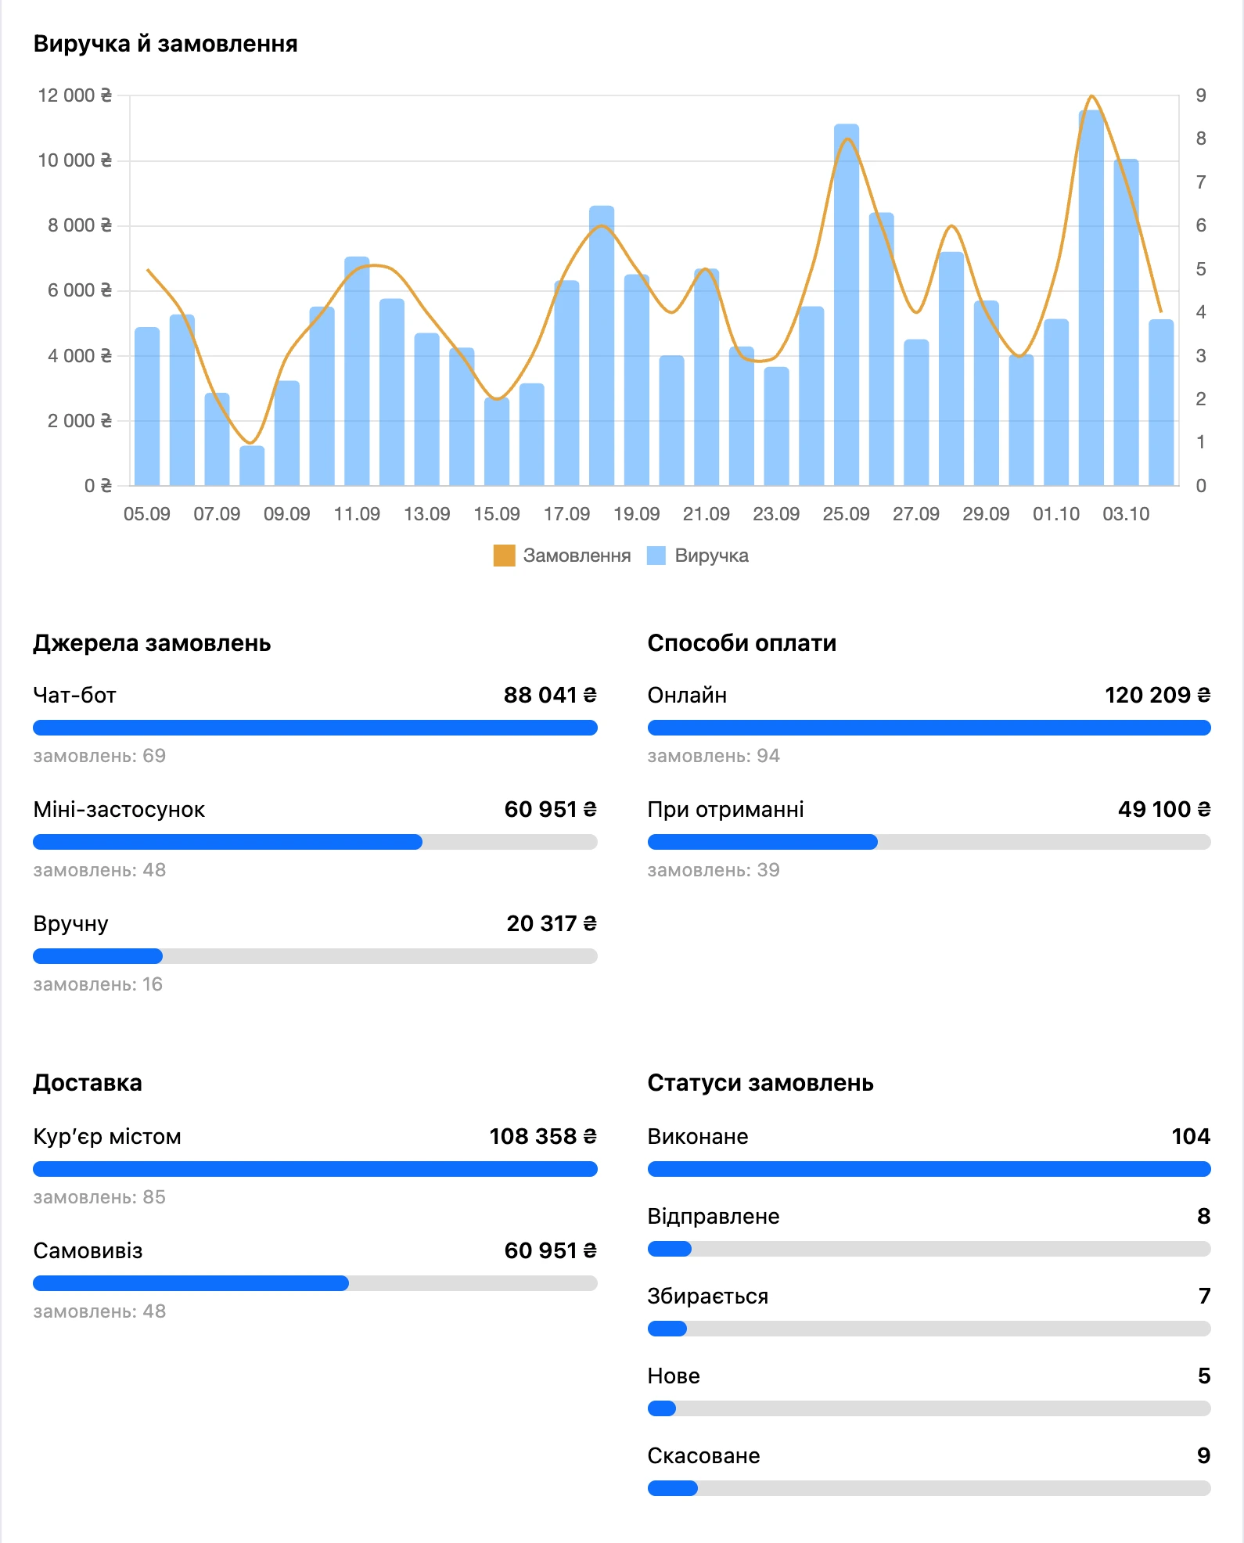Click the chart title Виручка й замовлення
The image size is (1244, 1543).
[x=165, y=44]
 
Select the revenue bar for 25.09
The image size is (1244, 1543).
[x=846, y=304]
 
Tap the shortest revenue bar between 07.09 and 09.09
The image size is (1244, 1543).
[x=252, y=466]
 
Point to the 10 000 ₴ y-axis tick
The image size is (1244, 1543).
[x=75, y=160]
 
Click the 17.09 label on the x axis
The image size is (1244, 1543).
[x=566, y=514]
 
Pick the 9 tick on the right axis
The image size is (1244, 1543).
[x=1201, y=95]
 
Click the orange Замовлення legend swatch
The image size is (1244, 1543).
[x=504, y=556]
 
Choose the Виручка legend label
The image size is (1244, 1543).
[x=711, y=556]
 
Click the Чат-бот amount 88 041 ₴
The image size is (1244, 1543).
[x=550, y=695]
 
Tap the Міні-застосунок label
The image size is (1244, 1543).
[x=119, y=809]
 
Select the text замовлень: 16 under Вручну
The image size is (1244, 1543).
[x=98, y=984]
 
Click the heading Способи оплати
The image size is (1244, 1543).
[x=742, y=643]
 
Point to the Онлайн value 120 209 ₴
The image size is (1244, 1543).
[x=1157, y=695]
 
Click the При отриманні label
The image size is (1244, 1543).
[x=725, y=809]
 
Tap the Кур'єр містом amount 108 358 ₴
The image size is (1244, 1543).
[x=543, y=1136]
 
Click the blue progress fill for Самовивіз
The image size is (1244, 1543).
[x=191, y=1283]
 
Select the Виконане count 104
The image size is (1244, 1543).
[x=1191, y=1136]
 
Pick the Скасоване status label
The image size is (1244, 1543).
[x=703, y=1455]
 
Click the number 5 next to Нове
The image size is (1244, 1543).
[x=1204, y=1376]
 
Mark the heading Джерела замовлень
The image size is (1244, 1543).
[x=152, y=643]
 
